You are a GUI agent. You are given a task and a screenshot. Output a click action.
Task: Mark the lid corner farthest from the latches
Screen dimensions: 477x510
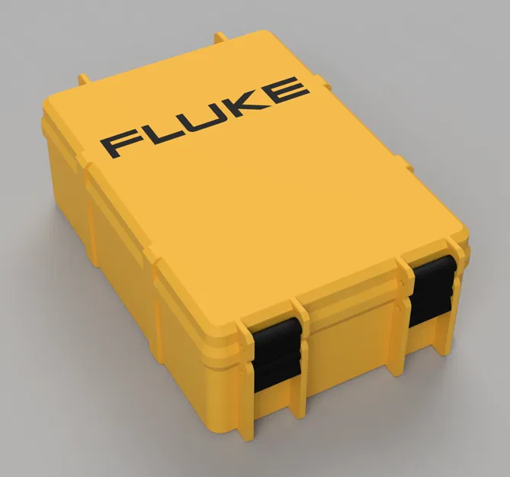(263, 34)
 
